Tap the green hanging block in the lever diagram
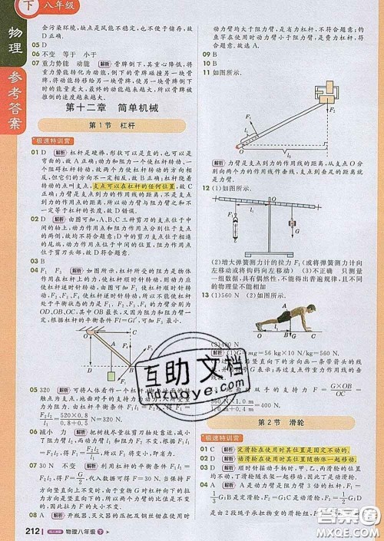pos(114,378)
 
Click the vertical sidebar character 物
pos(13,35)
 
